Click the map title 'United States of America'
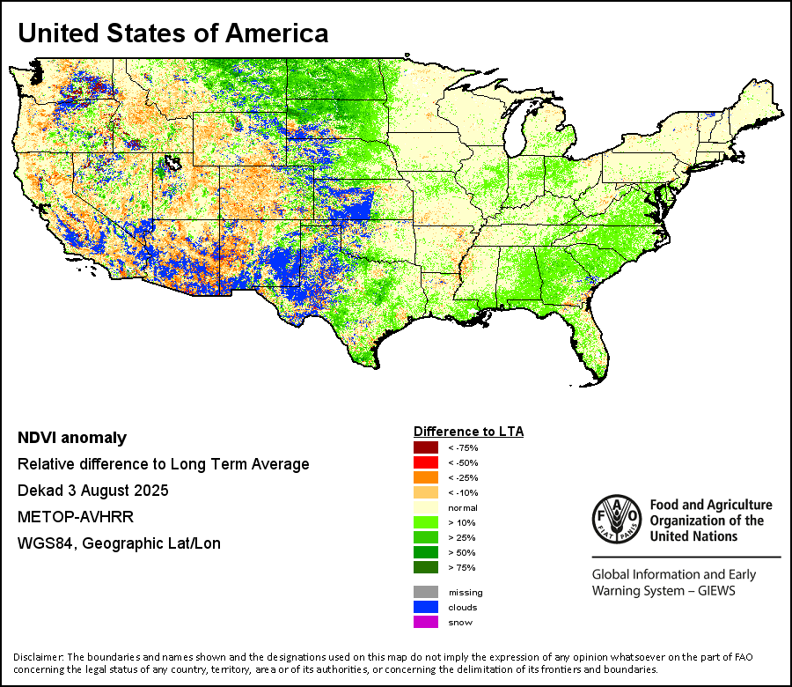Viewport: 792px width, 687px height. (173, 33)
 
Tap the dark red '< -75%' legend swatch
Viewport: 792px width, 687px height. (425, 448)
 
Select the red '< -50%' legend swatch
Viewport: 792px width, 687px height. (425, 462)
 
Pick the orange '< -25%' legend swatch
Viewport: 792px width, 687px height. (425, 477)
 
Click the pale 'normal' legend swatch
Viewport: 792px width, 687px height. (425, 506)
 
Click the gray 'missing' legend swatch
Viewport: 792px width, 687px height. (425, 592)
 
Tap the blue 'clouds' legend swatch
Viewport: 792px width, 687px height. (425, 607)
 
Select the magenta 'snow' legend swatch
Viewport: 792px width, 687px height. (425, 622)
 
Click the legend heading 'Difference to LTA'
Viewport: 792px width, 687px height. (468, 432)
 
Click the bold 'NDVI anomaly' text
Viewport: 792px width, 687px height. (72, 438)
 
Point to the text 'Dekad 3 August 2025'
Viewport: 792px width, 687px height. (92, 491)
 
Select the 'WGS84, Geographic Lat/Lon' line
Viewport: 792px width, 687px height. (119, 543)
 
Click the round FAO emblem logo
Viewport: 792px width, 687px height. (615, 520)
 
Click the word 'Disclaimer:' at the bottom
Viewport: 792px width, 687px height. (38, 657)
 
